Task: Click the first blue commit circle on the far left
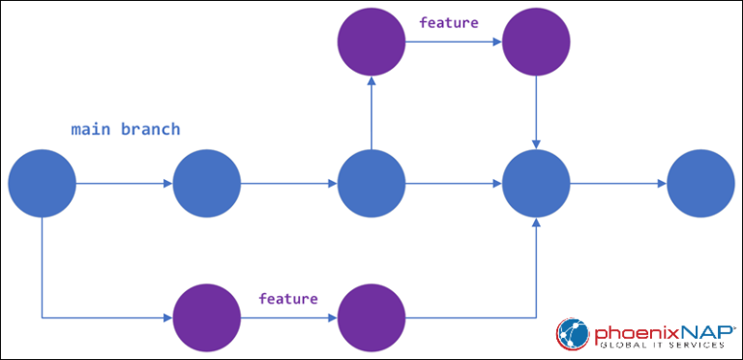click(42, 183)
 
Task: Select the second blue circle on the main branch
click(206, 183)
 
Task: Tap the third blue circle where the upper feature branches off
click(371, 183)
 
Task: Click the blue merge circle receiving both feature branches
click(536, 183)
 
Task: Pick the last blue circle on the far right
click(700, 183)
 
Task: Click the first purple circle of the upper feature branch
click(371, 44)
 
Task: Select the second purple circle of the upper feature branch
click(536, 44)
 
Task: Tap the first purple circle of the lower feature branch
click(206, 316)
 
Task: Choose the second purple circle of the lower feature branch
click(371, 316)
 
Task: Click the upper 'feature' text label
click(448, 22)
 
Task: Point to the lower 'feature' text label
click(287, 299)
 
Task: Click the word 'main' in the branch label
click(91, 130)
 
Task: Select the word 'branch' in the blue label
click(149, 130)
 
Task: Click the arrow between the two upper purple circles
click(453, 44)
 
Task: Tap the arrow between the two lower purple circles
click(288, 316)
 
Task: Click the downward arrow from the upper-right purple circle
click(536, 113)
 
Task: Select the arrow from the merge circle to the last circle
click(618, 183)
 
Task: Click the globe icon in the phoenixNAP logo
click(573, 334)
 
